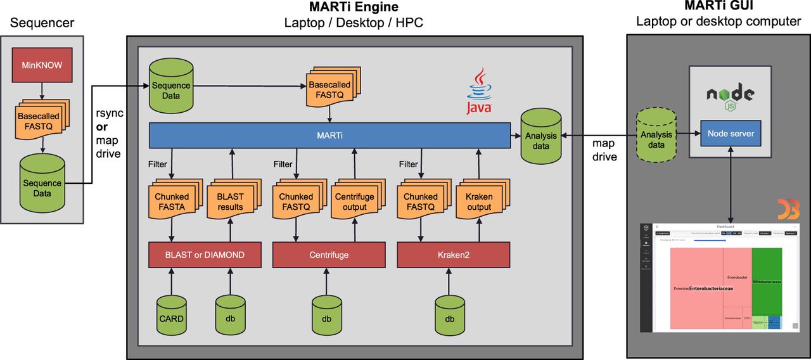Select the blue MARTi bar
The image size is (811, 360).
coord(329,136)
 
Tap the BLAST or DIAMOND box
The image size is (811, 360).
coord(205,255)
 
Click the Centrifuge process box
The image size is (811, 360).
coord(329,255)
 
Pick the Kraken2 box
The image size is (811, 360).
coord(454,255)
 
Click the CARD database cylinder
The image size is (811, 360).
coord(170,314)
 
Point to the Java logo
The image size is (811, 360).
coord(479,92)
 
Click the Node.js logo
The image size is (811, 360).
coord(730,95)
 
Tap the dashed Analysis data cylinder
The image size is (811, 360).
coord(656,136)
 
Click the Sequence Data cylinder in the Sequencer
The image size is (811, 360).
coord(42,184)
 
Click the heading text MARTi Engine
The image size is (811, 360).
coord(354,8)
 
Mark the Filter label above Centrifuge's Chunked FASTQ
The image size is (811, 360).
coord(283,164)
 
